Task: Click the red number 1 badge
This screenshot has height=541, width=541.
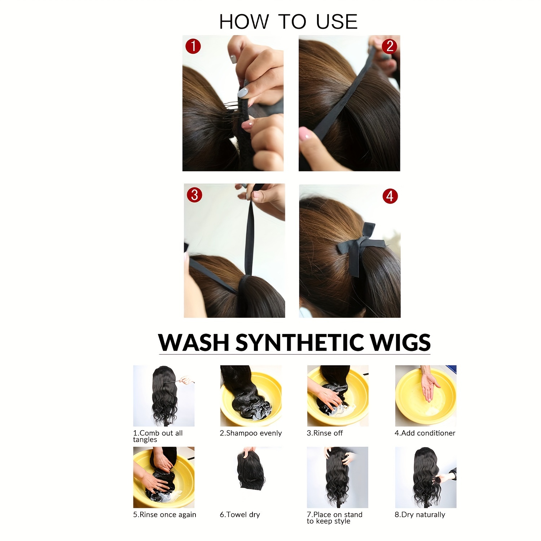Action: coord(193,46)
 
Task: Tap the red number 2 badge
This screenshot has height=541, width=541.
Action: coord(390,46)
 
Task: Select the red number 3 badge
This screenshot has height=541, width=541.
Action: coord(194,195)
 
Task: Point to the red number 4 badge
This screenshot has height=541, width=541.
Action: coord(390,196)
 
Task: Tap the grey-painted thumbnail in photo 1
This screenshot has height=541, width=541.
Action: coord(243,92)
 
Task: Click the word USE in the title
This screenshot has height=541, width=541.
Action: coord(337,22)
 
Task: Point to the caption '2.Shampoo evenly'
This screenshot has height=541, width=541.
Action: coord(251,433)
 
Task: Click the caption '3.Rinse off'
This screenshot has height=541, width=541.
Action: coord(325,433)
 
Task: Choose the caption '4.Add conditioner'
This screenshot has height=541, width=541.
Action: coord(425,433)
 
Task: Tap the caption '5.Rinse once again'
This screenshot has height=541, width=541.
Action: coord(164,515)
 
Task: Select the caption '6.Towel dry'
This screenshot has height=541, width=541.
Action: coord(240,515)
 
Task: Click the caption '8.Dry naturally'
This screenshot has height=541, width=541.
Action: coord(420,515)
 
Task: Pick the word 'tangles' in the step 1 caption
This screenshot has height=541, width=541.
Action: coord(145,440)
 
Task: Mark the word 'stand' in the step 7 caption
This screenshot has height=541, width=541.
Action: coord(353,515)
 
